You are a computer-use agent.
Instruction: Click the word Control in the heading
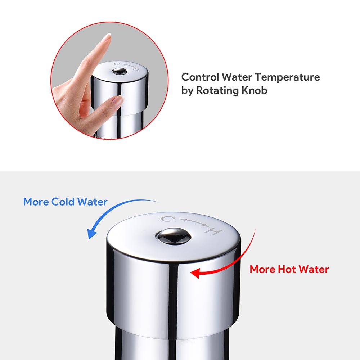click(x=200, y=77)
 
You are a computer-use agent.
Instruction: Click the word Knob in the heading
click(x=255, y=90)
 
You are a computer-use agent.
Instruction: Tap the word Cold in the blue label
click(x=63, y=202)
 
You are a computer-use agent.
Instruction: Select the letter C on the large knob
click(x=166, y=219)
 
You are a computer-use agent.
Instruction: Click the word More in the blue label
click(x=36, y=202)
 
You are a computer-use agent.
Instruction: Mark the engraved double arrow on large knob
click(x=190, y=222)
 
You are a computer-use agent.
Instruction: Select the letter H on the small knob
click(x=136, y=69)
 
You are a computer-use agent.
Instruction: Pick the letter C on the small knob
click(x=116, y=64)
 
